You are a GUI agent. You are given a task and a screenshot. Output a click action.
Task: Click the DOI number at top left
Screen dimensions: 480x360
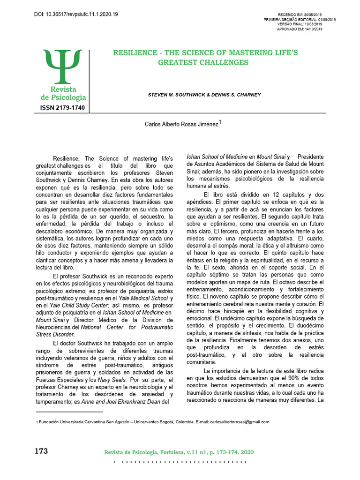[76, 15]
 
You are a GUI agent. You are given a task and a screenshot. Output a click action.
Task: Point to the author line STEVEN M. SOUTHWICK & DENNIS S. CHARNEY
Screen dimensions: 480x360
[204, 95]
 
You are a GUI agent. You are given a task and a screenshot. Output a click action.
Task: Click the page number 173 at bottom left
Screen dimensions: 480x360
[42, 451]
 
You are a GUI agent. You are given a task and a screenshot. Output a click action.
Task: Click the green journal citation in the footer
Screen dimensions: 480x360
[179, 452]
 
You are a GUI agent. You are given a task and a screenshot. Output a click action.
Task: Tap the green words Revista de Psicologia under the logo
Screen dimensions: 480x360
[63, 93]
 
